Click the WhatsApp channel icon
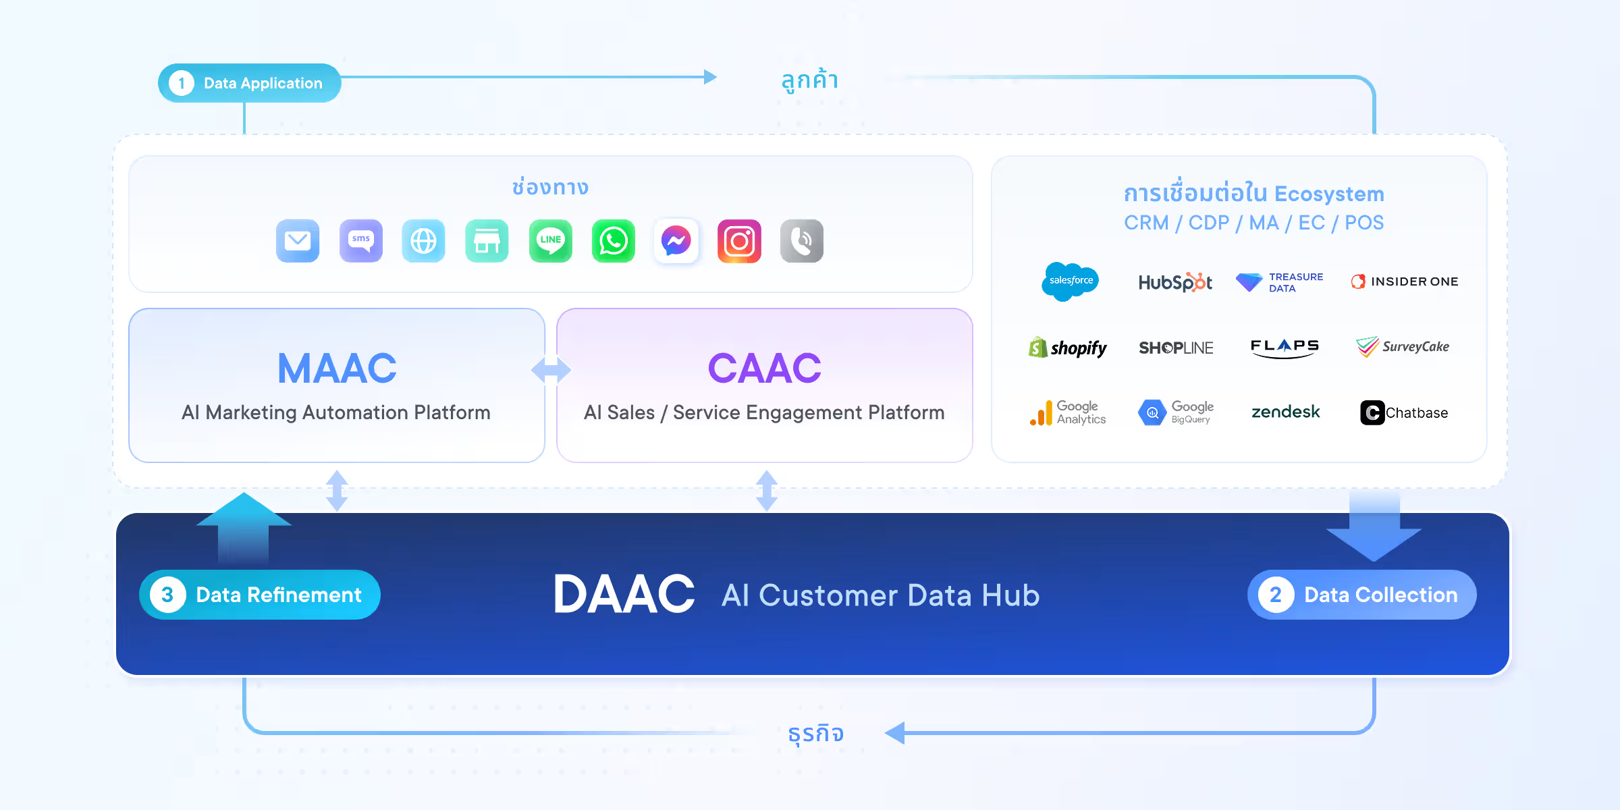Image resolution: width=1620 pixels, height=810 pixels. [614, 241]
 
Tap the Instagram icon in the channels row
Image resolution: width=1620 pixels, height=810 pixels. [739, 241]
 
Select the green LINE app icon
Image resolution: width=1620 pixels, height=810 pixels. [551, 241]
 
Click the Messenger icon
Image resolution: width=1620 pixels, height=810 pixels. [676, 241]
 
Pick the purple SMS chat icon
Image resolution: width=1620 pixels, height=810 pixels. [361, 241]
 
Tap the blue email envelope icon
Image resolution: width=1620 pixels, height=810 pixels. [298, 241]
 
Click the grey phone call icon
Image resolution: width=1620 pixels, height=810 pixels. [802, 241]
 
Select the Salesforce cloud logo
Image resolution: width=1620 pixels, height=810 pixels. [1071, 281]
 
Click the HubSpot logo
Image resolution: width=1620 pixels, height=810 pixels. [1175, 282]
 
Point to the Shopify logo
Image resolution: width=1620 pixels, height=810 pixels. [1067, 348]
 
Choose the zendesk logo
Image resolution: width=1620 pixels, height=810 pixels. [1285, 412]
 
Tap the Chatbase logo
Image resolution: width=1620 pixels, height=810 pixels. [1404, 412]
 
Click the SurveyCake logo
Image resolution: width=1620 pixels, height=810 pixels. [1403, 347]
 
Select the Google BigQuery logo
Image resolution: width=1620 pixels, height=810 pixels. [1176, 412]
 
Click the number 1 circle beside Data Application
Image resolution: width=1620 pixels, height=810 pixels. [181, 83]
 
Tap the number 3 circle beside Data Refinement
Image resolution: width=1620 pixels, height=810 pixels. [167, 595]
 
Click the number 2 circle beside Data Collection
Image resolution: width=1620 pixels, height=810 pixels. [1276, 595]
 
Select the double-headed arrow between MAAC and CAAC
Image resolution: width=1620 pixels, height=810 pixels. [551, 369]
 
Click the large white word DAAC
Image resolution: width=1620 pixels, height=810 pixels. [624, 594]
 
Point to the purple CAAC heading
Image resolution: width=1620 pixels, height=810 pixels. [764, 369]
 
